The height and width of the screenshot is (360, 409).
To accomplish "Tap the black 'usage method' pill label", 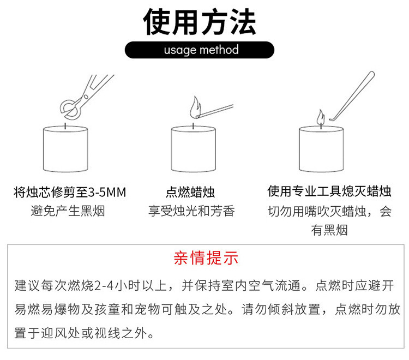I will click(201, 50).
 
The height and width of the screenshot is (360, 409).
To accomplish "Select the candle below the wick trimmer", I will click(65, 149).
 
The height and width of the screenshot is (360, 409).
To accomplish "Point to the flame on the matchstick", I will click(194, 106).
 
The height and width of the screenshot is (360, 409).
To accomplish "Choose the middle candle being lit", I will click(194, 149).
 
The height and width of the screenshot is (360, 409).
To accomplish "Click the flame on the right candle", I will click(321, 116).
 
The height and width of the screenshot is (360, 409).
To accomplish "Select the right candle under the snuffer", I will click(322, 149).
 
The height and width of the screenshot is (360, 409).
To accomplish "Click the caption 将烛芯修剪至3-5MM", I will click(70, 192).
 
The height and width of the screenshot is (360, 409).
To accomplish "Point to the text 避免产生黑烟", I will click(68, 211).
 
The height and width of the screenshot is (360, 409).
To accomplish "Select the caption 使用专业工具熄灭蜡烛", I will click(329, 191).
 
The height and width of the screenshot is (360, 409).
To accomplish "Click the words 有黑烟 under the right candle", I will click(329, 230).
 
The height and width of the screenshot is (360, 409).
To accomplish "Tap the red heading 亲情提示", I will click(206, 258).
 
